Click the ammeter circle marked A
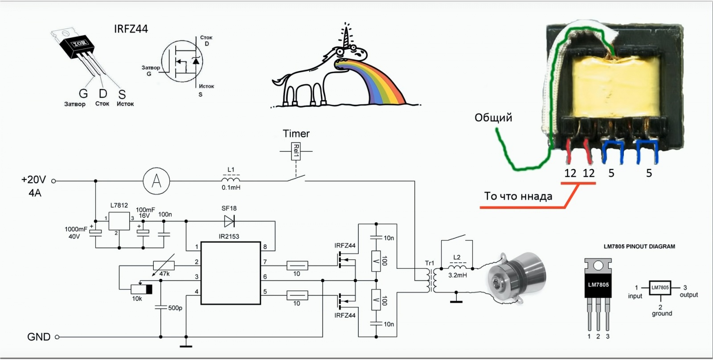tap(156, 181)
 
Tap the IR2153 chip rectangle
tap(230, 273)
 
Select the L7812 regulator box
tap(119, 220)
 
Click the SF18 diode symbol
tap(229, 221)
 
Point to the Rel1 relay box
tap(296, 151)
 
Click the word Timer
tap(296, 134)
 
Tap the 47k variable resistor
tap(164, 266)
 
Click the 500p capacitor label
tap(175, 308)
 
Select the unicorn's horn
tap(346, 34)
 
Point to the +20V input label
tap(33, 180)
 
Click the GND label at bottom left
tap(39, 337)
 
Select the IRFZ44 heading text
tap(131, 29)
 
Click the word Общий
tap(493, 118)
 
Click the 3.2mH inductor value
tap(458, 275)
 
